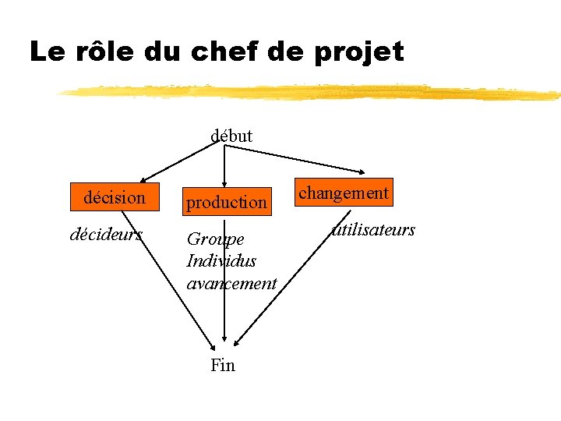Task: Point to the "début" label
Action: (x=231, y=136)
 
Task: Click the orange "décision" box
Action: (x=115, y=197)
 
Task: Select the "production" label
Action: (x=226, y=203)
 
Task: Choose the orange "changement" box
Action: (x=344, y=193)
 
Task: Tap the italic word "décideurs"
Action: (x=107, y=234)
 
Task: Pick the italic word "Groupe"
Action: (x=215, y=239)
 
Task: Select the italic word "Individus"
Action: (x=221, y=260)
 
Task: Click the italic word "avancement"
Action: (x=231, y=283)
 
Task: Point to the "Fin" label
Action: (x=223, y=365)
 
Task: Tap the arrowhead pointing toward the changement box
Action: (x=362, y=172)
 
